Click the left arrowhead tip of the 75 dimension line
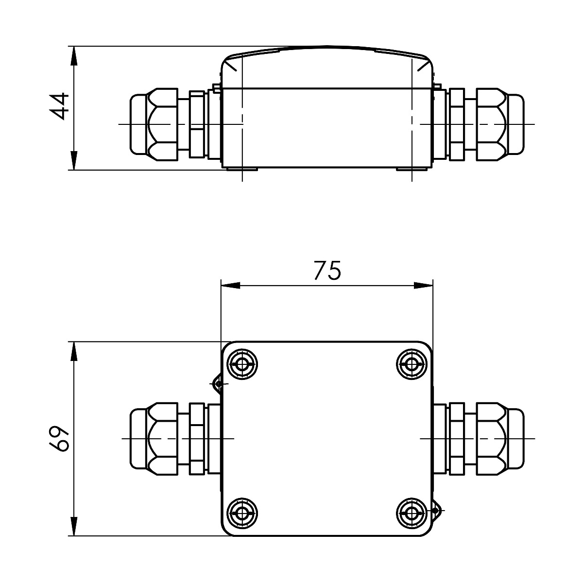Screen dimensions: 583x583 tap(221, 285)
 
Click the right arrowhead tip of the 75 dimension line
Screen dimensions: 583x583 tap(433, 285)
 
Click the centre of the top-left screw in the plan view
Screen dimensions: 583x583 tap(242, 364)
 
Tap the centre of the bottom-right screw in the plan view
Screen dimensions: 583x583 tap(412, 513)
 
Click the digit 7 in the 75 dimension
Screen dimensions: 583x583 tap(320, 270)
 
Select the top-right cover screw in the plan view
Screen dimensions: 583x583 tap(412, 364)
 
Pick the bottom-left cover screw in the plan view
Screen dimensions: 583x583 tap(242, 513)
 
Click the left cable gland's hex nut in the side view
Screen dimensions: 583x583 tap(162, 124)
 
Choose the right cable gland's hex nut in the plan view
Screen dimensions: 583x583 tap(491, 439)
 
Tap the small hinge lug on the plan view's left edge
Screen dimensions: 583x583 tap(218, 384)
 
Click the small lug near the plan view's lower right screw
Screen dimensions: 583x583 tap(436, 511)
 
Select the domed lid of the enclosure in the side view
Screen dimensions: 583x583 tap(327, 67)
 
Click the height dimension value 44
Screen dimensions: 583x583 tap(59, 106)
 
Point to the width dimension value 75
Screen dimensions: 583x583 tap(327, 270)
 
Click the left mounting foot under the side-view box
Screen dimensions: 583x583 tap(242, 169)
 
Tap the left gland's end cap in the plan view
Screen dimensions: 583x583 tap(139, 439)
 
